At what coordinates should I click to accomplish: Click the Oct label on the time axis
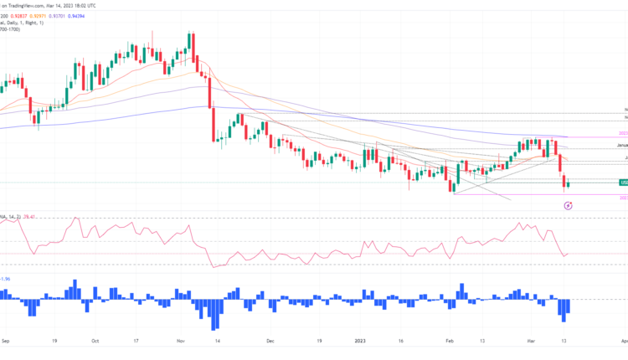(x=95, y=342)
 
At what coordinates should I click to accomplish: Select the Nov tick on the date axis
(x=182, y=342)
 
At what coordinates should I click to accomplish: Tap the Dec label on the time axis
(x=270, y=342)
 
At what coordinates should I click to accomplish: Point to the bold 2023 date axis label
(x=359, y=342)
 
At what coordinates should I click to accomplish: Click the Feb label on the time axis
(x=450, y=342)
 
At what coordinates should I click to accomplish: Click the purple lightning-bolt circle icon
(x=568, y=204)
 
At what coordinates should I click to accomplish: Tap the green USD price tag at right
(x=623, y=182)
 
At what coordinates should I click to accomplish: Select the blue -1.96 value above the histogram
(x=6, y=279)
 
